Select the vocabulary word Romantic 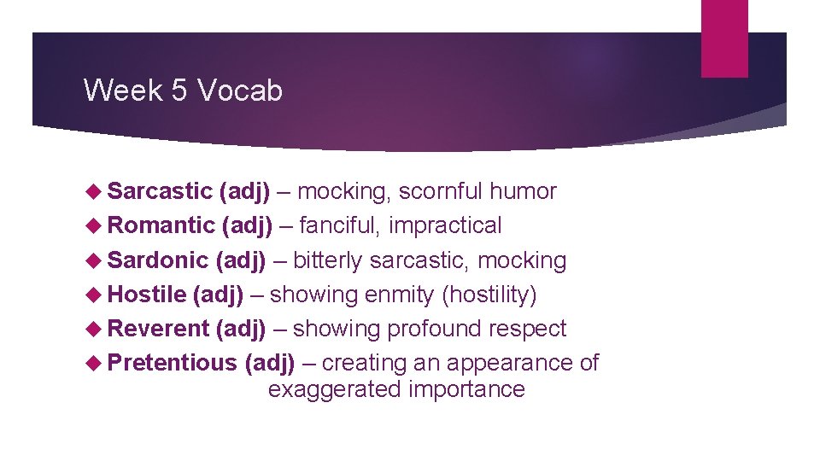[x=161, y=225]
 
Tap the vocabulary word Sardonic [x=159, y=260]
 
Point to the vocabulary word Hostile [x=148, y=295]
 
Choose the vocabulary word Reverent [x=159, y=329]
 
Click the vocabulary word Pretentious [x=173, y=363]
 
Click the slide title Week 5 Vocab [x=183, y=90]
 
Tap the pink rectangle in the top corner [x=724, y=38]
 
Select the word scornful [x=441, y=191]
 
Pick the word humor [x=523, y=191]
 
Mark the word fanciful [x=342, y=225]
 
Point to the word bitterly [x=328, y=260]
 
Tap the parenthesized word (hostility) [x=489, y=295]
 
